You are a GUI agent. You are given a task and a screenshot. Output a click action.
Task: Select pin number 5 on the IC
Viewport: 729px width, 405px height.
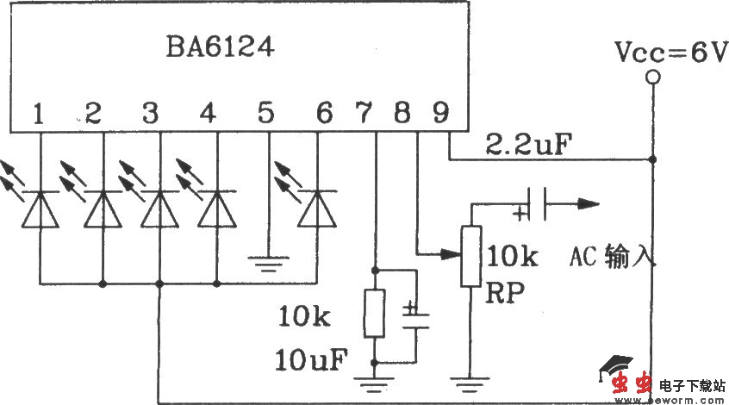tap(266, 112)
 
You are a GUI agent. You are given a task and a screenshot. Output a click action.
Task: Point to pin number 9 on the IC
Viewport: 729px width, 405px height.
tap(440, 112)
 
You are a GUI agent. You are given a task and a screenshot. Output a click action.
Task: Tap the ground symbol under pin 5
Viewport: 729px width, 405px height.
tap(268, 257)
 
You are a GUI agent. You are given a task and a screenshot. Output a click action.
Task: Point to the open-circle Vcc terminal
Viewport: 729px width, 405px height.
tap(653, 78)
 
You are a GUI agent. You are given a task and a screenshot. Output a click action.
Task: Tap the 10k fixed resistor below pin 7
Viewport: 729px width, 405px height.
tap(375, 313)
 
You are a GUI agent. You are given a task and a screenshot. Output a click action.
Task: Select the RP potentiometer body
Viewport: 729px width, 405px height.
tap(470, 256)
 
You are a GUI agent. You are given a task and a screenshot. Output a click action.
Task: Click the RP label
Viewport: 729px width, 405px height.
tap(508, 292)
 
